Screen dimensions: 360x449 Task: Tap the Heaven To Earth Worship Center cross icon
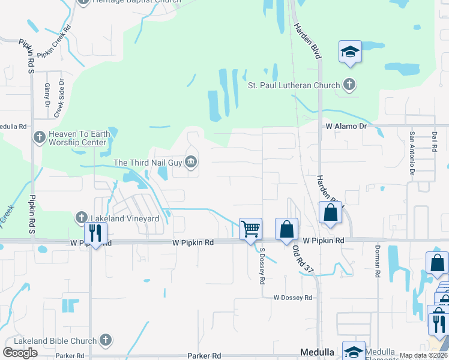[40, 138]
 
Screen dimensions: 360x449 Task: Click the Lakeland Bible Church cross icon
[106, 340]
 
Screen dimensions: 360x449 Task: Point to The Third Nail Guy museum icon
[191, 161]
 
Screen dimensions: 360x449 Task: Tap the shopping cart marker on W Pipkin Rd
[250, 228]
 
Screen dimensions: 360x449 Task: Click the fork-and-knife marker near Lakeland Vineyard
[95, 232]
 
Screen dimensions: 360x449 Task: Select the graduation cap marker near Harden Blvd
[349, 52]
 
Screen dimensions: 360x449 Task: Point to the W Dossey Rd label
[292, 298]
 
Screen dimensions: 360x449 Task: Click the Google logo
[20, 352]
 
